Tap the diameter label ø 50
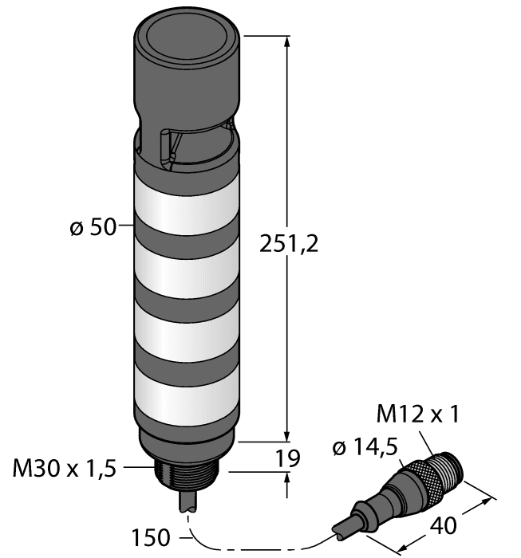click(x=93, y=228)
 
